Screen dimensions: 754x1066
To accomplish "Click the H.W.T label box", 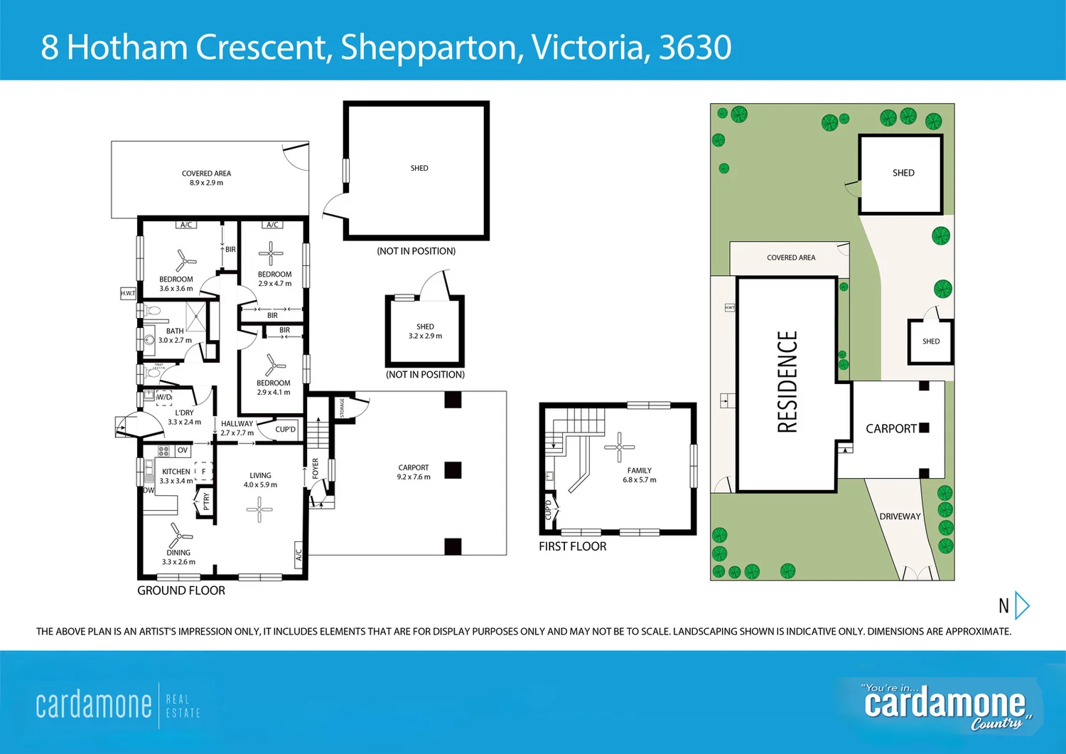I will click(128, 293).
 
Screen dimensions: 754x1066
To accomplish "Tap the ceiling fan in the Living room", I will click(259, 509).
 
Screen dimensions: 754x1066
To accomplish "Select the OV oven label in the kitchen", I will click(183, 450).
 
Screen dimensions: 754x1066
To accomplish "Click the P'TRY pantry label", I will click(206, 501).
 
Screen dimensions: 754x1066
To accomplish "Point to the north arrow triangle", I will click(1022, 605).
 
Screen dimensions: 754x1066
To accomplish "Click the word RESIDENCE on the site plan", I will click(787, 382).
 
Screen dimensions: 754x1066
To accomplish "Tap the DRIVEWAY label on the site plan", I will click(900, 516).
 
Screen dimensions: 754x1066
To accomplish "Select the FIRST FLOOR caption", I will click(572, 546).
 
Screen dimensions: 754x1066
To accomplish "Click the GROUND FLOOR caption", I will click(181, 590).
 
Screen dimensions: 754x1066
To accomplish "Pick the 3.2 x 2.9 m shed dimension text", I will click(425, 336).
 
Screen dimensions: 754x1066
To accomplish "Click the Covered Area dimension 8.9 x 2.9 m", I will click(206, 183).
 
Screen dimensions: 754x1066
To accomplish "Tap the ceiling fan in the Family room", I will click(619, 447).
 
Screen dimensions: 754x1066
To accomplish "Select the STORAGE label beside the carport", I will click(342, 408).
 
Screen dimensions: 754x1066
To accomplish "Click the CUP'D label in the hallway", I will click(285, 430).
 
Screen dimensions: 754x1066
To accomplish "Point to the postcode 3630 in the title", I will click(694, 47).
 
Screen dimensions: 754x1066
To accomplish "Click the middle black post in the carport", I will click(453, 469).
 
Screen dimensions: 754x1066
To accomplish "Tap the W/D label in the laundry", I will click(164, 397).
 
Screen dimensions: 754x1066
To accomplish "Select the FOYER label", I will click(316, 468).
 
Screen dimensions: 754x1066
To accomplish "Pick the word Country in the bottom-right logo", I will click(996, 723).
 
